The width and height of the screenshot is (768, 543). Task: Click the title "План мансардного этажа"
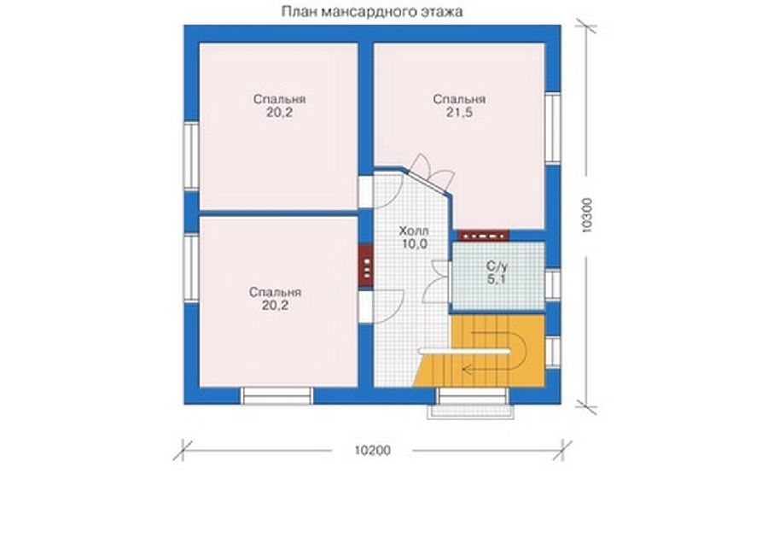pos(372,11)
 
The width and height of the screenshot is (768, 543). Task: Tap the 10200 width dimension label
pos(373,450)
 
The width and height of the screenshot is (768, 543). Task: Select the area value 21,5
pos(459,113)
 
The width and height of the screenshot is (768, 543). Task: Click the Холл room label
pos(414,231)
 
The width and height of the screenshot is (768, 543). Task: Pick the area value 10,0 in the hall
pos(415,244)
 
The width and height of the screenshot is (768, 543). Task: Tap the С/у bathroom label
pos(497,266)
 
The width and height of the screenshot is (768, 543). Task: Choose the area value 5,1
pos(497,280)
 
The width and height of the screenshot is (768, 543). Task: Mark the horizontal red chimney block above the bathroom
pos(484,236)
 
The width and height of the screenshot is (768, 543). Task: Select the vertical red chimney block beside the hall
pos(366,266)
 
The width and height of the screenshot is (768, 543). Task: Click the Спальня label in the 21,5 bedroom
pos(459,100)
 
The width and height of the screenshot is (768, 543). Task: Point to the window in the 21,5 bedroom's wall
pos(553,128)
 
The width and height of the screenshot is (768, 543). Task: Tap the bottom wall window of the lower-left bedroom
pos(276,396)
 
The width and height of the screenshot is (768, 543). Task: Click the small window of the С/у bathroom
pos(553,284)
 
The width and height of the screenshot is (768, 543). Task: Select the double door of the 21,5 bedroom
pos(429,177)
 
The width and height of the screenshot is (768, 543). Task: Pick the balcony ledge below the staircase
pos(470,412)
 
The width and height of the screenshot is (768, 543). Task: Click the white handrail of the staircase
pos(463,351)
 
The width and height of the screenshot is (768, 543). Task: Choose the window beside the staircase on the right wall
pos(553,353)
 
